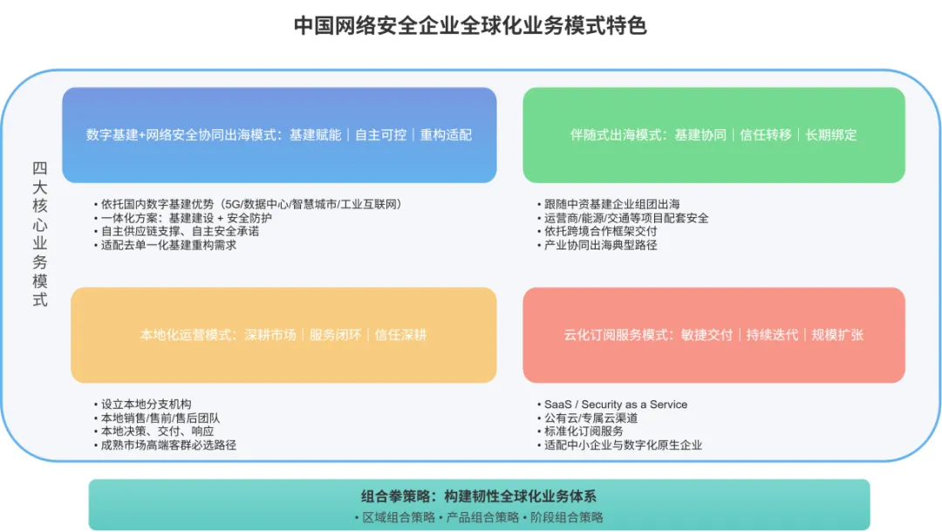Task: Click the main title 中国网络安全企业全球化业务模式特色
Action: click(x=470, y=25)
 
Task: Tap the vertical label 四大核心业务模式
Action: click(x=39, y=234)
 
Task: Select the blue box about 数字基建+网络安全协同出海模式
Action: click(x=279, y=135)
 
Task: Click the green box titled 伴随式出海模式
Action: click(x=713, y=135)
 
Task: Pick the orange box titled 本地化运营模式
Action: click(x=283, y=335)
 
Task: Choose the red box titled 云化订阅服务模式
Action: click(x=713, y=335)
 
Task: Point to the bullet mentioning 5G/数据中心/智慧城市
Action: click(x=251, y=204)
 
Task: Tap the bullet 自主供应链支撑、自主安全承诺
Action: click(x=180, y=231)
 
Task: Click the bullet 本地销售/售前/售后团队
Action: click(x=160, y=418)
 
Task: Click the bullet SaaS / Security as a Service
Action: click(x=615, y=405)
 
